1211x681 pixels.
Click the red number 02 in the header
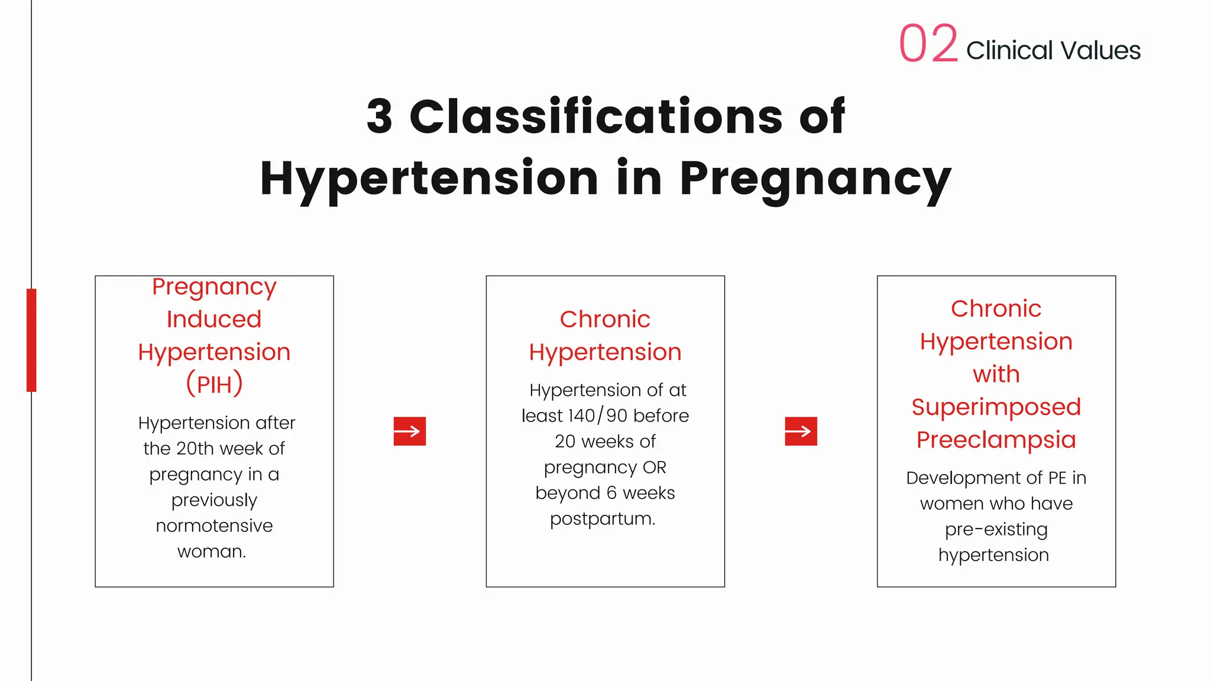928,44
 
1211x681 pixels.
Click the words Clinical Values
1053,51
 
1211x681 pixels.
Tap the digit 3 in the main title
380,116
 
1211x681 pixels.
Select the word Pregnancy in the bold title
815,179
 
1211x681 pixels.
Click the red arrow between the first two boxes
410,431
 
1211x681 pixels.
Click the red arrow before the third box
801,431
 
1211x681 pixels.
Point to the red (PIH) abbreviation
214,384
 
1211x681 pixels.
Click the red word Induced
214,319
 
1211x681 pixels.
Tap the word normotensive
214,526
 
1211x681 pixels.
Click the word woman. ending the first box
212,552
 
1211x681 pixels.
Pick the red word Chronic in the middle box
605,319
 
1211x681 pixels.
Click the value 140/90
598,416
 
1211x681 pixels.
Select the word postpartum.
603,519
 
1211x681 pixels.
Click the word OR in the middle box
655,468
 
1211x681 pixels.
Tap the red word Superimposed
996,407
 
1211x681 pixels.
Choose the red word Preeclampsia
996,440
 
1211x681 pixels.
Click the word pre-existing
996,530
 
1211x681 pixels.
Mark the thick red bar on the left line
31,340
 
